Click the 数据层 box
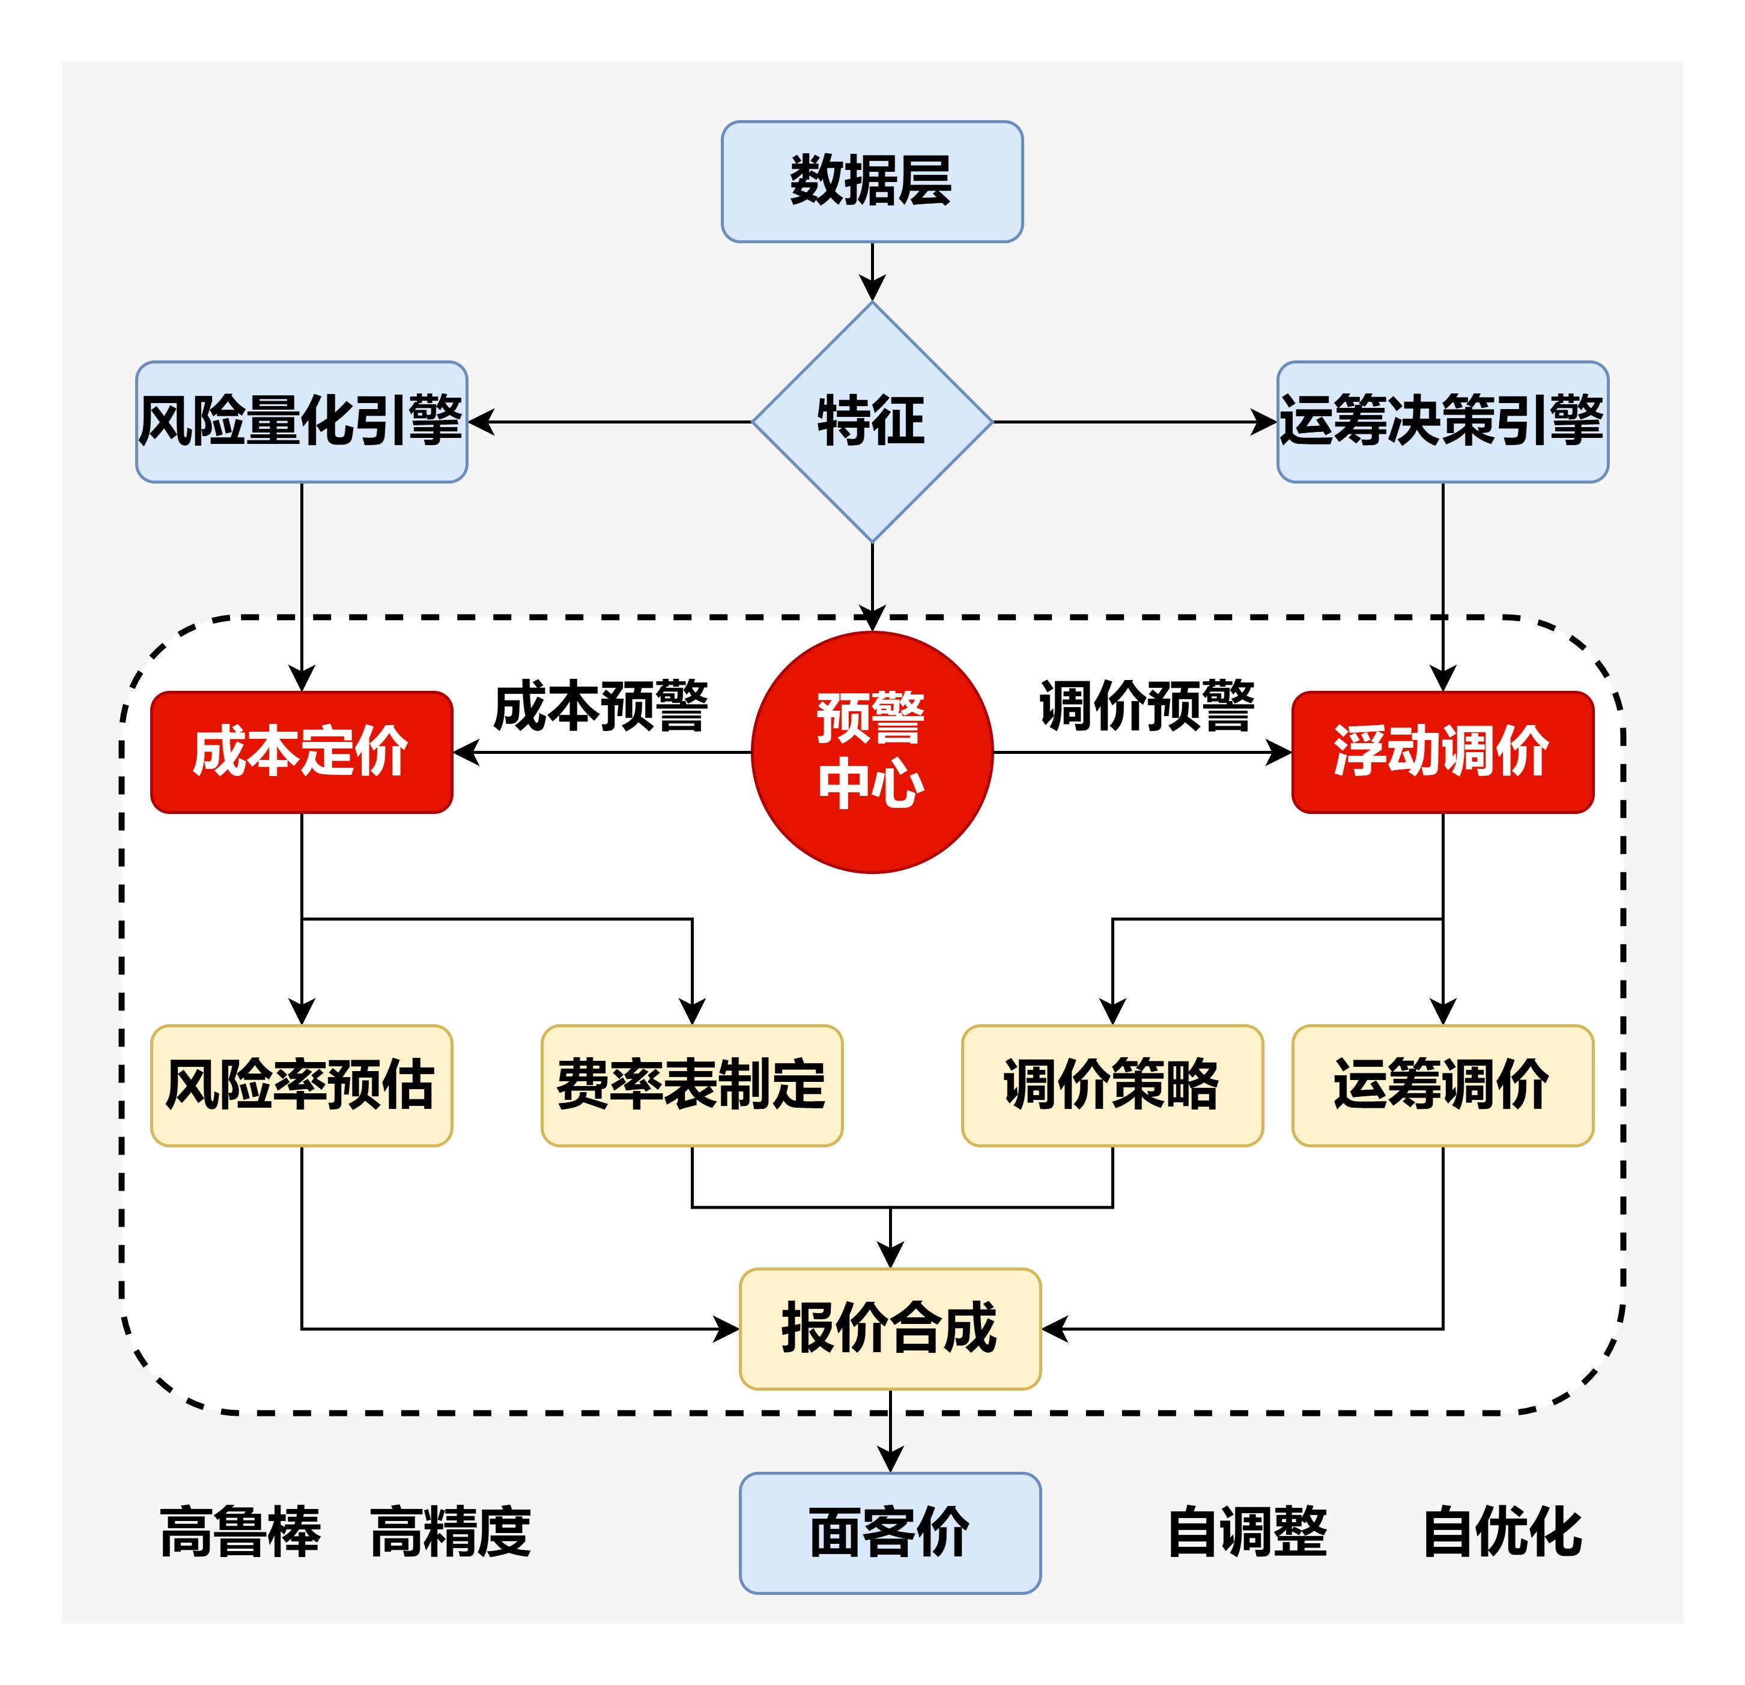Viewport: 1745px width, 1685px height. coord(872,181)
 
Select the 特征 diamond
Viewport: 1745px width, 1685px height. coord(872,421)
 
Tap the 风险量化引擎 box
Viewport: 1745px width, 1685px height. coord(301,421)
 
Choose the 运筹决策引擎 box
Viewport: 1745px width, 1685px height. coord(1442,421)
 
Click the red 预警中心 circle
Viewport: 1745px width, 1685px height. coord(872,752)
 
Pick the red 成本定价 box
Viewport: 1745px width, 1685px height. coord(301,752)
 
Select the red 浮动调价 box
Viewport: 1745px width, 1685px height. coord(1442,752)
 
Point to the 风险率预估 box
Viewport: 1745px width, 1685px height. coord(301,1085)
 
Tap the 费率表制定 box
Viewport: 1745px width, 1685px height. coord(692,1085)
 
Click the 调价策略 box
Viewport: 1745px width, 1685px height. coord(1112,1085)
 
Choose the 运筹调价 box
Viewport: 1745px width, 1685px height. coord(1442,1085)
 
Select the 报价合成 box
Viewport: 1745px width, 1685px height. coord(890,1328)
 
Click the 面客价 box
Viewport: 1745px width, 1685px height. coord(890,1533)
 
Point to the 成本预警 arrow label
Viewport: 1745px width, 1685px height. coord(601,707)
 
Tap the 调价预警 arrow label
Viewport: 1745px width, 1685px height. coord(1147,707)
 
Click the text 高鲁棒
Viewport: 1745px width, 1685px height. coord(240,1533)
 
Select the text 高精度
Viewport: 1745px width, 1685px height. coord(451,1533)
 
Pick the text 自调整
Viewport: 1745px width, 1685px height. coord(1247,1533)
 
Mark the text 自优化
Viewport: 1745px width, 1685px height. coord(1503,1533)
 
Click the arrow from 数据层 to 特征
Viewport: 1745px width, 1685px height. coord(872,270)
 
